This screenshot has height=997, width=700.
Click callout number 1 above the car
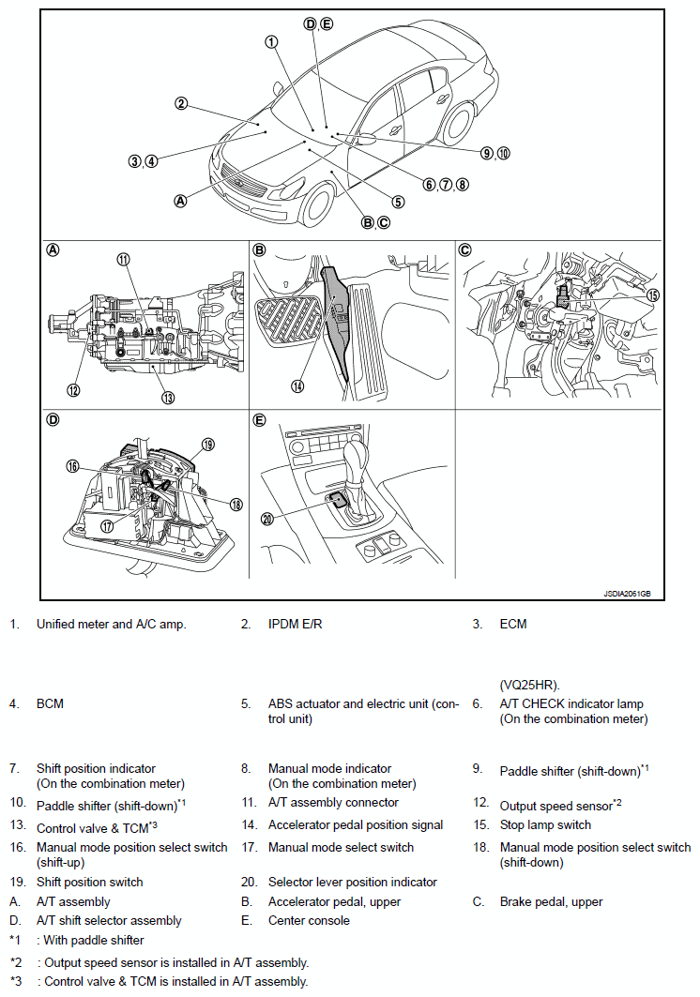[270, 41]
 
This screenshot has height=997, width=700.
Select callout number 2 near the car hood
[181, 103]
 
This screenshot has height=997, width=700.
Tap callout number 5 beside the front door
[398, 201]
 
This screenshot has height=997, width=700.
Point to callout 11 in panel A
[124, 260]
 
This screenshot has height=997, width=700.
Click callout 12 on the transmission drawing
[72, 390]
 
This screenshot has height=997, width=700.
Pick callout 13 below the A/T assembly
[167, 398]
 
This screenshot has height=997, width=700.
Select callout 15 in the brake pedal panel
[653, 295]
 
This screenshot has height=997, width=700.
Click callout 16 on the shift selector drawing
[72, 466]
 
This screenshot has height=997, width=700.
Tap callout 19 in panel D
[208, 444]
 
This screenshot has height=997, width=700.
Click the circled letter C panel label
[464, 250]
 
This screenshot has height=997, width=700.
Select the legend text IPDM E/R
[298, 624]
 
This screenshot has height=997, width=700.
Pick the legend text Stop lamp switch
[545, 825]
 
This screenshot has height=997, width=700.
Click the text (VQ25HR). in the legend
[532, 685]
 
